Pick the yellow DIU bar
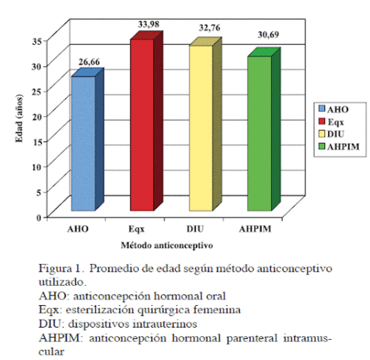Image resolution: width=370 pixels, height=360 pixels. coord(200,127)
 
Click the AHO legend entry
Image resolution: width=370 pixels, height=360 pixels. coord(335,109)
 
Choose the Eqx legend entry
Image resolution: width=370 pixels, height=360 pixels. coord(335,121)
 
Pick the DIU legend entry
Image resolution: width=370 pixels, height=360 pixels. coord(335,133)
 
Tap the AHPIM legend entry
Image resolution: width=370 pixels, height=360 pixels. coord(340,145)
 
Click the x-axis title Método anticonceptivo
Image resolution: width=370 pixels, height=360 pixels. coord(167,244)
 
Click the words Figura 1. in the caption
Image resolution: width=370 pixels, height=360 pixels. coord(62,268)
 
